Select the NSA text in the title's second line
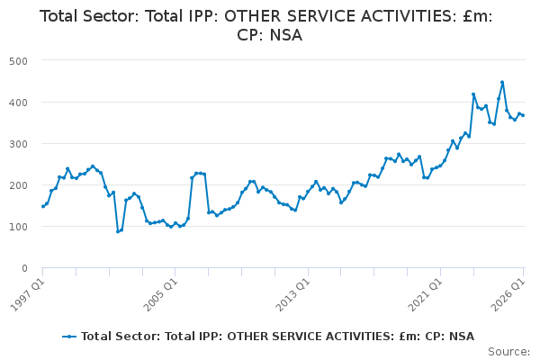[286, 35]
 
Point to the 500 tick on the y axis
[19, 61]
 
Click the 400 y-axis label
[19, 103]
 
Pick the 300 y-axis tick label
[19, 144]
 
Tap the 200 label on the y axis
[19, 185]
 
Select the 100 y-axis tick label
[19, 227]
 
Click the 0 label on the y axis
[24, 268]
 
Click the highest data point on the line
[502, 83]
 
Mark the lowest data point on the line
[118, 231]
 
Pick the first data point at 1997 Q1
[43, 206]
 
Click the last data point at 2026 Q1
[523, 115]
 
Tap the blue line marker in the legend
[69, 337]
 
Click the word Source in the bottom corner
[508, 352]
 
